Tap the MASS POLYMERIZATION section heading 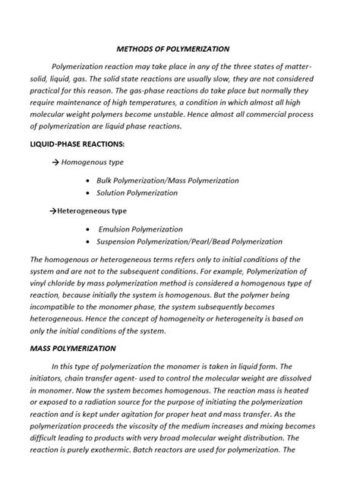73,349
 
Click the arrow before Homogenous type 55,162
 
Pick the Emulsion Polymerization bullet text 141,229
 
